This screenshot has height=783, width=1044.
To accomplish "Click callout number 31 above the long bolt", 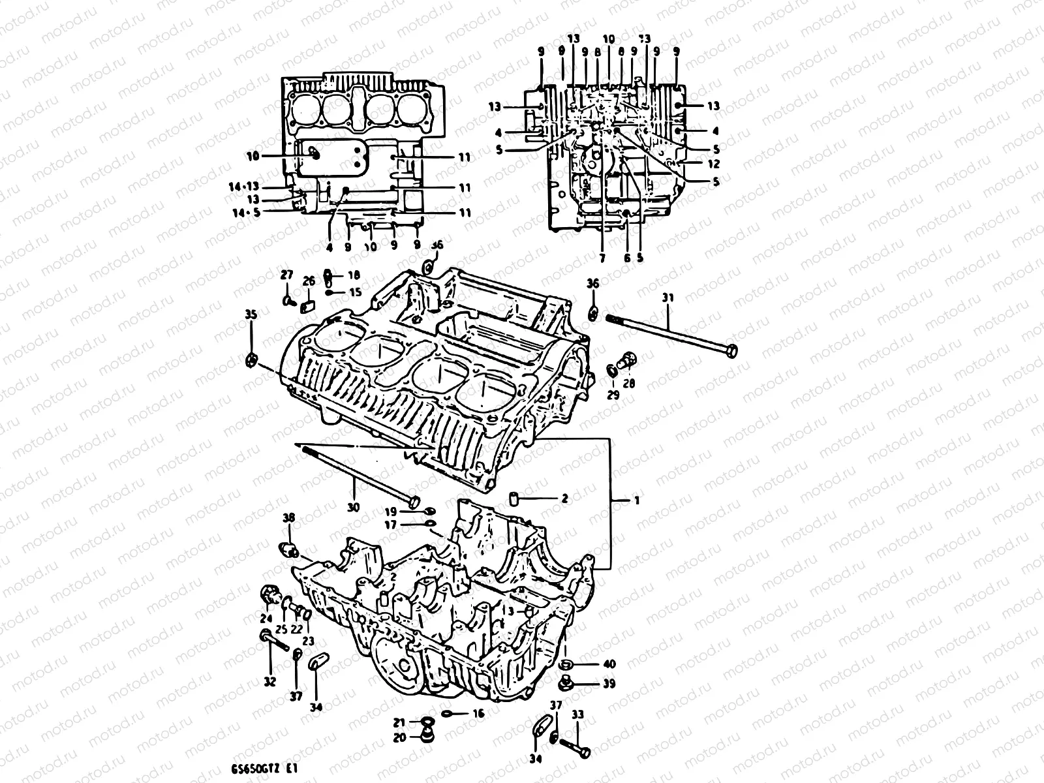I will pos(668,298).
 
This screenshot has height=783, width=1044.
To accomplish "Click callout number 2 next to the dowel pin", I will pos(564,499).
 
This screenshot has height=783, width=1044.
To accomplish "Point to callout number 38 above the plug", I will pos(288,517).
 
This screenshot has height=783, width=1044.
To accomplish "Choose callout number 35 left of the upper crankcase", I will pos(251,315).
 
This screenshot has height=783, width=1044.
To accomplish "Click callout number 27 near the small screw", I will pos(286,275).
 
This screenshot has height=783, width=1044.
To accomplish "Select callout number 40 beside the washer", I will pos(609,664).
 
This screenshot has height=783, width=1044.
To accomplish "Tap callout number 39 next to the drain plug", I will pos(609,684).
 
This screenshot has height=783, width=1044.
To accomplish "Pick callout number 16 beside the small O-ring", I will pos(478,714).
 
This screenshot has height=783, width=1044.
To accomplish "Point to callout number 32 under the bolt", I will pos(269,682).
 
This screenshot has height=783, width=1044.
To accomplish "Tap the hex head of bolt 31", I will pos(732,351).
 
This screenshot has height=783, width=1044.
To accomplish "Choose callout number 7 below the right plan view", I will pos(602,258).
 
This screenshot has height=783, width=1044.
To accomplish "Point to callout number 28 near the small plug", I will pos(628,383).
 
